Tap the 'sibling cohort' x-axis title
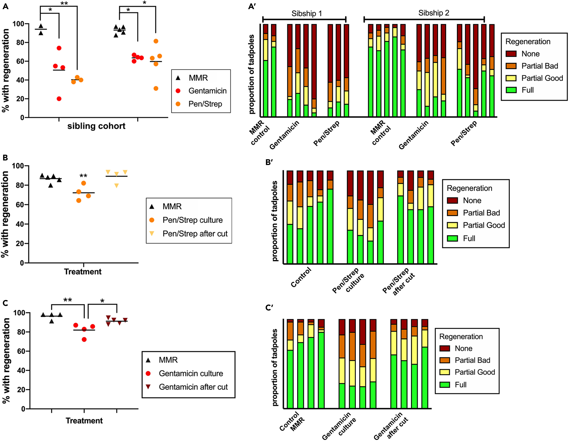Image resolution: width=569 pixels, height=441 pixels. pos(96,126)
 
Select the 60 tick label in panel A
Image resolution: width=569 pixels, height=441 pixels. pos(20,61)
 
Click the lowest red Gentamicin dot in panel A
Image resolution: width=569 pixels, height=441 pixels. pos(59,99)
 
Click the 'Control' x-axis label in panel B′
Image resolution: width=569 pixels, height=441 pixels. pos(301,277)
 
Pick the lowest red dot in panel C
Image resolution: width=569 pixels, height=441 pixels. pos(84,339)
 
